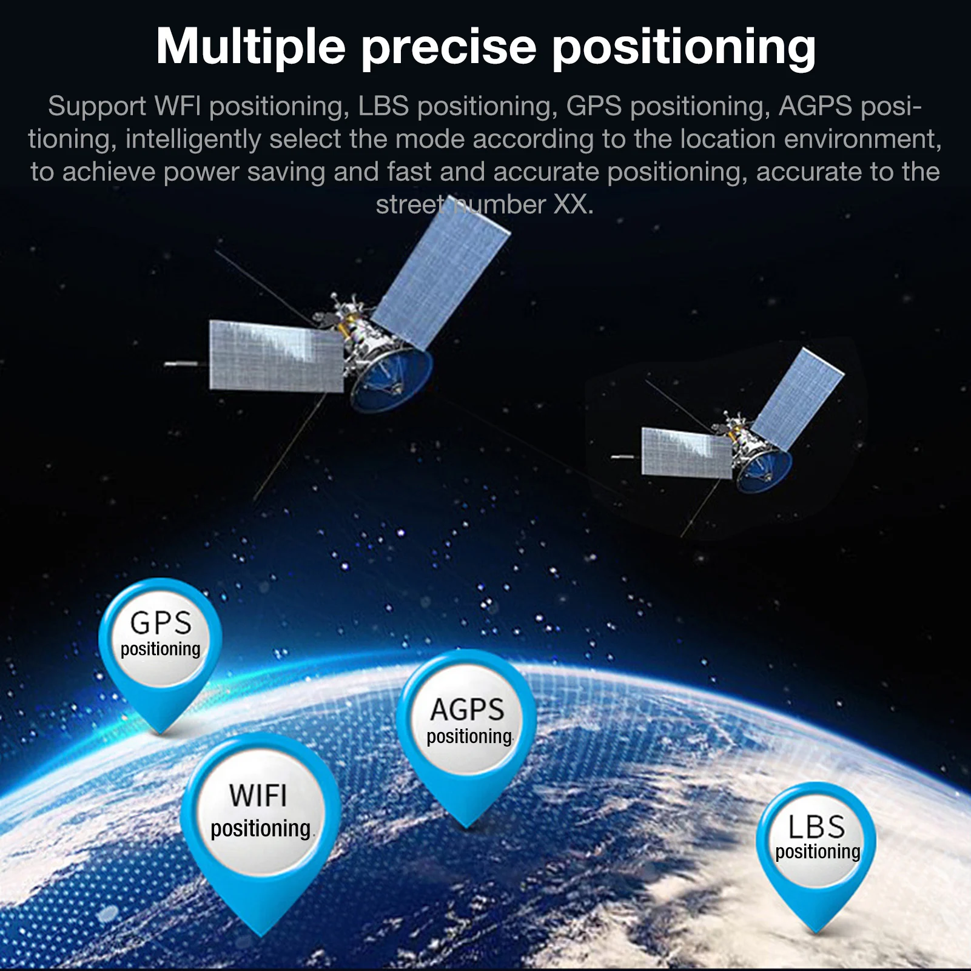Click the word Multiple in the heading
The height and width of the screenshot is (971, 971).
pyautogui.click(x=250, y=47)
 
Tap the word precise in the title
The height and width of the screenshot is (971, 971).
pyautogui.click(x=449, y=47)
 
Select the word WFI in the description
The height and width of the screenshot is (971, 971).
pyautogui.click(x=178, y=106)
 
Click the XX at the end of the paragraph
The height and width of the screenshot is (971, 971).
pyautogui.click(x=570, y=204)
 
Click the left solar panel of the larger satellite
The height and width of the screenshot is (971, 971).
pyautogui.click(x=276, y=356)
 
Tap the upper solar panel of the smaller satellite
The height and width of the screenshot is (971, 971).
pyautogui.click(x=797, y=399)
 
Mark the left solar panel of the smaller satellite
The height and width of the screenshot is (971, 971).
pyautogui.click(x=687, y=452)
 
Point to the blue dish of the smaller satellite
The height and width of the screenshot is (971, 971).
pyautogui.click(x=764, y=471)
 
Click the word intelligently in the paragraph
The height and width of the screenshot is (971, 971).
pyautogui.click(x=193, y=139)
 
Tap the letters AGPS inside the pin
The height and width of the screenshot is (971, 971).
pyautogui.click(x=467, y=710)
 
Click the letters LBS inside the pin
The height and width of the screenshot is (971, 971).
pyautogui.click(x=816, y=827)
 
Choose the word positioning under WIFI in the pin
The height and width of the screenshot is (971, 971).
pyautogui.click(x=261, y=828)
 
